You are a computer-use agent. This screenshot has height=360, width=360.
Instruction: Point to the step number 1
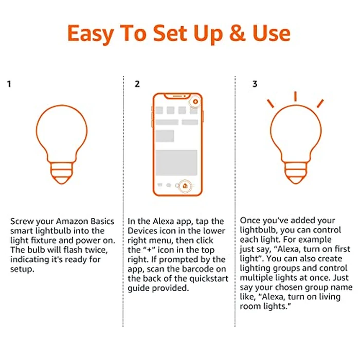click(x=9, y=84)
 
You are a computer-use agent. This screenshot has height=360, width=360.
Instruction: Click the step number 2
click(x=137, y=84)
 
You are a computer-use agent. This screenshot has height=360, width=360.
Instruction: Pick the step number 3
click(x=255, y=84)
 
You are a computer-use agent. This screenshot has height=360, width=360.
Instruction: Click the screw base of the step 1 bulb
click(x=61, y=175)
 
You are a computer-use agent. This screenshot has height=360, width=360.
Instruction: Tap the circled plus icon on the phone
click(x=195, y=102)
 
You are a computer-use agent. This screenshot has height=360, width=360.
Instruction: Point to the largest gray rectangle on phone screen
click(x=176, y=163)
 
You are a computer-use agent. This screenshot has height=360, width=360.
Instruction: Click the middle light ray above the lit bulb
click(x=295, y=97)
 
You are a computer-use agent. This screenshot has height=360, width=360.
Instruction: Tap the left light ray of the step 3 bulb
click(x=270, y=104)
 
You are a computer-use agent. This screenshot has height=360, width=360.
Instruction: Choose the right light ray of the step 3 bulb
click(x=320, y=103)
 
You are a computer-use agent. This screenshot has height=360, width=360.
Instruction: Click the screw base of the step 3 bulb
click(x=295, y=175)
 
